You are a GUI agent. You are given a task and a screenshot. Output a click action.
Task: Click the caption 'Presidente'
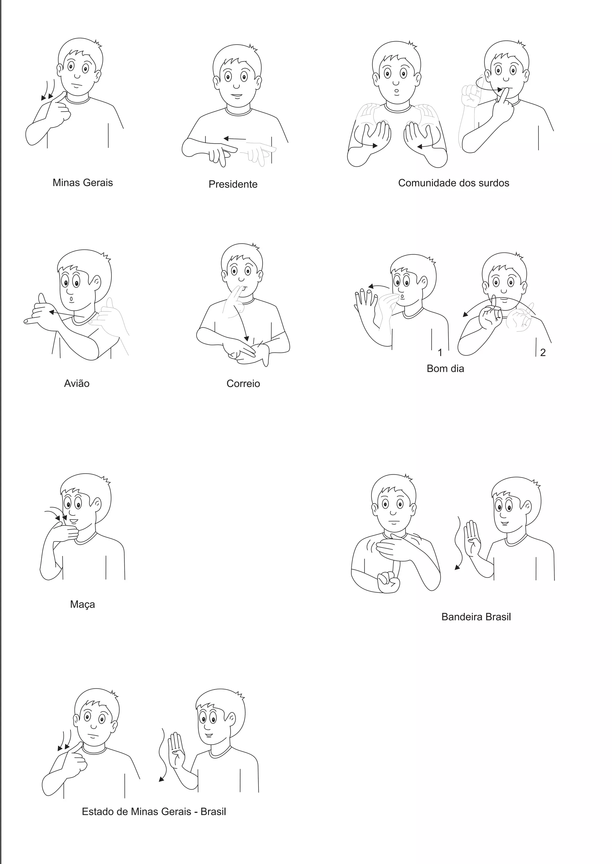(233, 184)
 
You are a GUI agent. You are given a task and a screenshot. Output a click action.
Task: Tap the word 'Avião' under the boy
(77, 383)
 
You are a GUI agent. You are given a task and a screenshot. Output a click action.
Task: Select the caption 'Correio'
(243, 383)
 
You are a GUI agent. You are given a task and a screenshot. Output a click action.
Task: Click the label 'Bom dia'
(446, 368)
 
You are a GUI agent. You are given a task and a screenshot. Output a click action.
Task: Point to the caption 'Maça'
(82, 604)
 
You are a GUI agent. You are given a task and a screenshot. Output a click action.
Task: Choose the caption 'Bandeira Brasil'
(476, 617)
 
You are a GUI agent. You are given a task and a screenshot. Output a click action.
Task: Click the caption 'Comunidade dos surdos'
(454, 183)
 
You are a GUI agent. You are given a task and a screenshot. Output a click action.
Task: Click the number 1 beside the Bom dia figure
(440, 352)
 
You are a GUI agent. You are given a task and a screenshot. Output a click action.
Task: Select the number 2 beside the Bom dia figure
(543, 352)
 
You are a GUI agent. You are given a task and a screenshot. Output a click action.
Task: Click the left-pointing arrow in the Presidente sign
(234, 139)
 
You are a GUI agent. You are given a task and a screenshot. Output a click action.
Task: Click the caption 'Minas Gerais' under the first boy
(82, 183)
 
